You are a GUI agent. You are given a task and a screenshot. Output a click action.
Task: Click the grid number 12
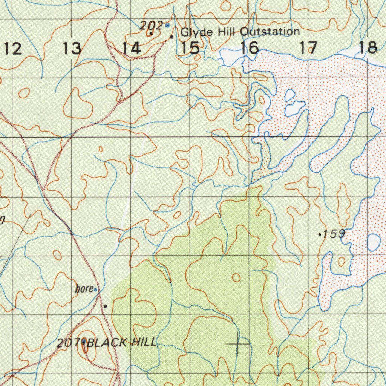[x=13, y=49]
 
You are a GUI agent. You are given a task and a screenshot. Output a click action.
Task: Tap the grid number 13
[x=72, y=49]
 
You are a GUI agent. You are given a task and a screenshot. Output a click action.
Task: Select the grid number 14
[x=131, y=48]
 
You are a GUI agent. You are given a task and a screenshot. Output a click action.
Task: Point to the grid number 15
[x=190, y=48]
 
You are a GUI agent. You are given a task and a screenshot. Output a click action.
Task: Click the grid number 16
[x=250, y=48]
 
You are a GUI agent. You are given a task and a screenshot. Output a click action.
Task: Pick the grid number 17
[x=309, y=48]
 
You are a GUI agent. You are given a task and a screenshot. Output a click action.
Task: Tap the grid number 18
[x=368, y=47]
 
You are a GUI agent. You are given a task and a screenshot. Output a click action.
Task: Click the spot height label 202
[x=151, y=26]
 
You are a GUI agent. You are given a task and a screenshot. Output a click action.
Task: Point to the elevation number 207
[x=67, y=343]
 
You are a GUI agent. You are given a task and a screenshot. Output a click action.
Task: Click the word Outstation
[x=270, y=32]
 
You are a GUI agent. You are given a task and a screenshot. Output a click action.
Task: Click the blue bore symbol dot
[x=95, y=289]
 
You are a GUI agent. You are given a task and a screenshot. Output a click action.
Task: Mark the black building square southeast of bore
[x=106, y=306]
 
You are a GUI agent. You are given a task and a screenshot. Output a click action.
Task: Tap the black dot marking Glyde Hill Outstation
[x=172, y=37]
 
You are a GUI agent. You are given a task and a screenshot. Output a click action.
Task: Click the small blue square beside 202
[x=167, y=26]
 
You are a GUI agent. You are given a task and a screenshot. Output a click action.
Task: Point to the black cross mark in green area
[x=238, y=344]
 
